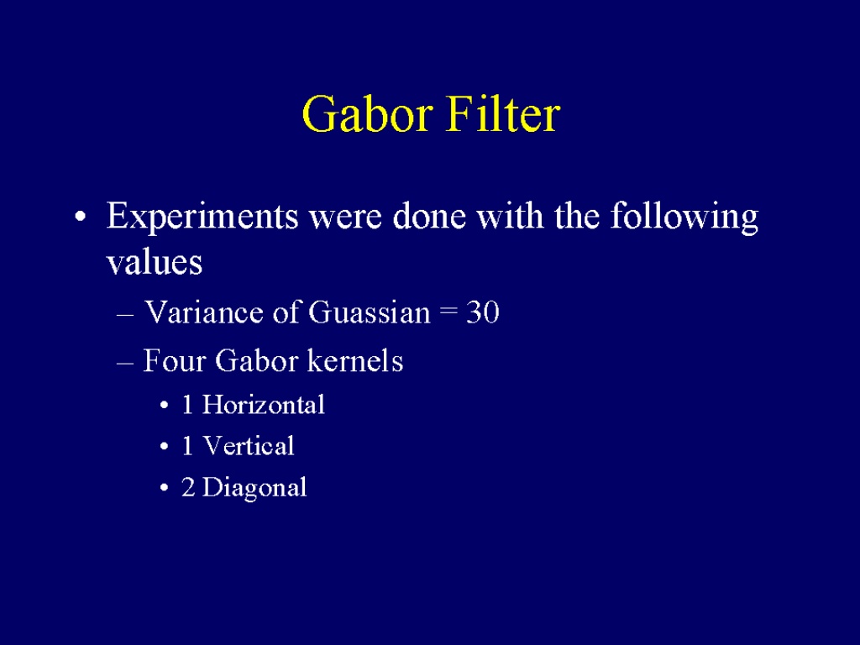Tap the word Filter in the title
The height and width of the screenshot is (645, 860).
click(x=503, y=113)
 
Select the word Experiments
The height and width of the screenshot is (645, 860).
click(x=202, y=218)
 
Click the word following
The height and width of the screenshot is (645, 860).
click(x=684, y=218)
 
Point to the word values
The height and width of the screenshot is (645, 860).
click(x=155, y=262)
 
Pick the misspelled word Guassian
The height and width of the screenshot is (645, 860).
click(x=370, y=312)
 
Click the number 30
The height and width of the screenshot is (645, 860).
click(x=483, y=312)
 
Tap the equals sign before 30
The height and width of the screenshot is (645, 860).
click(x=448, y=313)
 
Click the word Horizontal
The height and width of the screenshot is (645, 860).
click(x=263, y=406)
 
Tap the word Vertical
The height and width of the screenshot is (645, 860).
click(x=249, y=446)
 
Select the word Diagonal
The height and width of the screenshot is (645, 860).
click(x=254, y=488)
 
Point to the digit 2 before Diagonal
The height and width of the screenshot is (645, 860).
click(x=188, y=487)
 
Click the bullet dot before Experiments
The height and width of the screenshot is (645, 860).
click(x=81, y=217)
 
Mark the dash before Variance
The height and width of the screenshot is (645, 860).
click(x=125, y=315)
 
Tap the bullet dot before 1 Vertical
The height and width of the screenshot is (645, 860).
click(x=165, y=447)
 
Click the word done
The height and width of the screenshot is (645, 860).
click(x=428, y=217)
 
